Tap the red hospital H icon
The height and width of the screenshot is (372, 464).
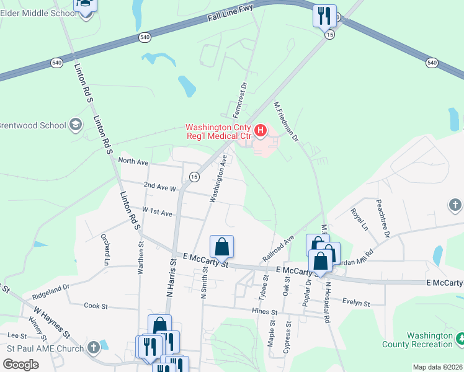261,131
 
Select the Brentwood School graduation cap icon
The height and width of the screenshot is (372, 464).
76,125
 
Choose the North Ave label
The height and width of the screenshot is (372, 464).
133,162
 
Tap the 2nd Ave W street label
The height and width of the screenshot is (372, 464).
160,186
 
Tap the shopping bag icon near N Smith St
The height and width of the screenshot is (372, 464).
221,247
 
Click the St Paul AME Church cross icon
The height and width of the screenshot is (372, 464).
94,347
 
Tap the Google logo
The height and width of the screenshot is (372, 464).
20,364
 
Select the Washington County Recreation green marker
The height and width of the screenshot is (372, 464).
460,339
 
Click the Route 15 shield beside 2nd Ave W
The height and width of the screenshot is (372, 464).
194,177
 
